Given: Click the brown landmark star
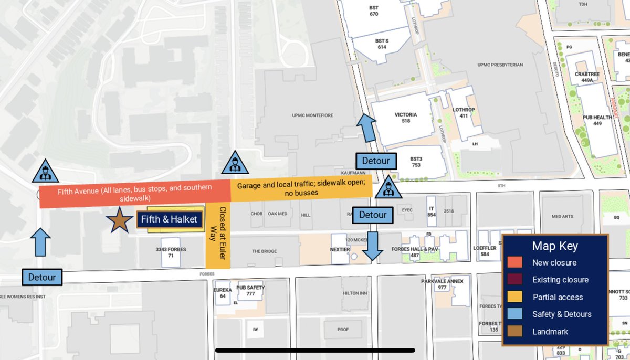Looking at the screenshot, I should (x=119, y=220).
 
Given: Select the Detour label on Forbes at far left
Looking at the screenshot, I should (x=42, y=277).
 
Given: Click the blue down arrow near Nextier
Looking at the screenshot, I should (x=373, y=246).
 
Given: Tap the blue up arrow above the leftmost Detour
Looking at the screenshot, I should (x=40, y=242).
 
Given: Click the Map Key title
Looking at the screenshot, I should (x=555, y=246).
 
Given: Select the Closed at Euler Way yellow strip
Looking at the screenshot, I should (x=217, y=236).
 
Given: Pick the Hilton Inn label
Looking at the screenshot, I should (x=353, y=293).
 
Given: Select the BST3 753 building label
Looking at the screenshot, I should (x=416, y=162).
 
